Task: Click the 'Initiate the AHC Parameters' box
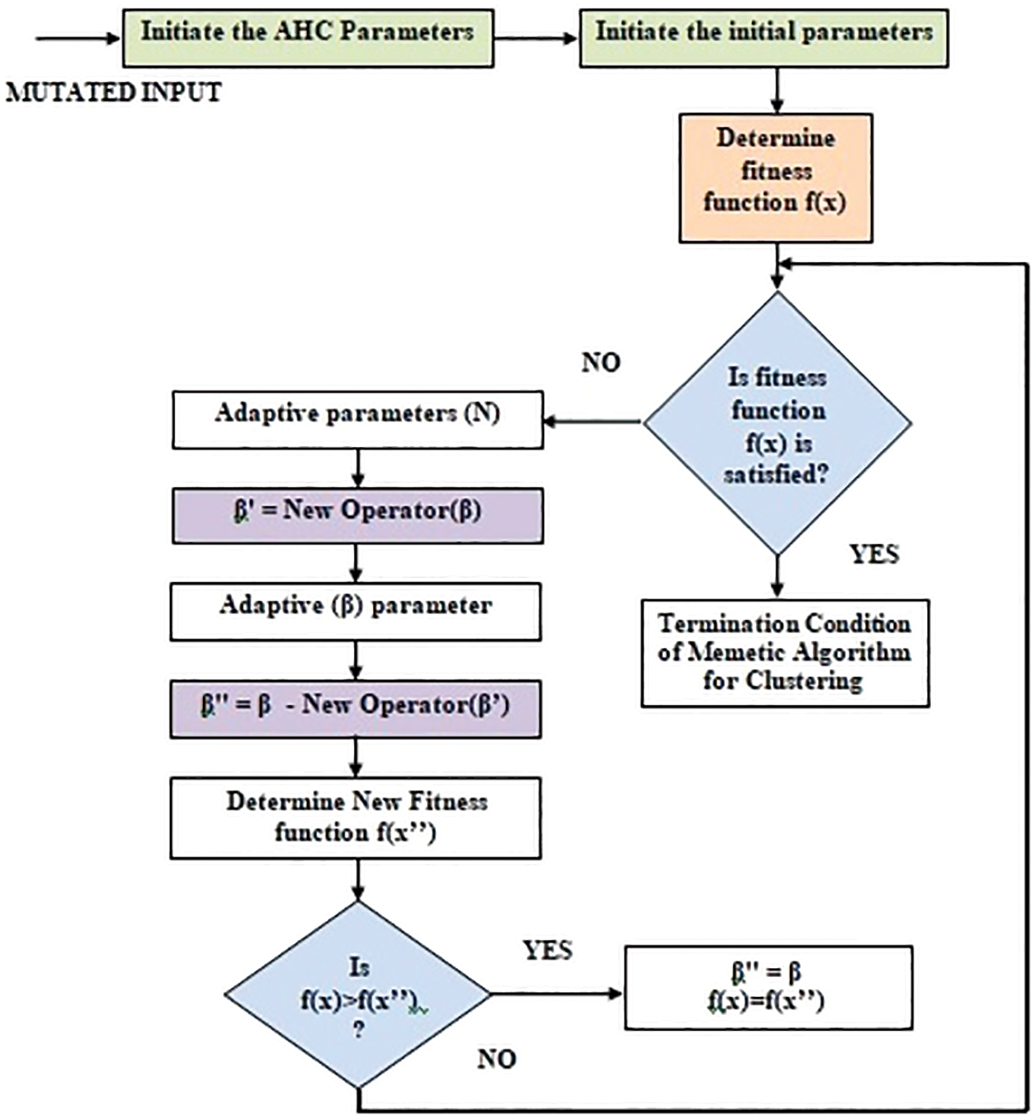pos(308,37)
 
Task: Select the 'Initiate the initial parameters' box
pos(764,37)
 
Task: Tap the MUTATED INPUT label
pos(114,93)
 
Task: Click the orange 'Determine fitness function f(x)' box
pos(775,178)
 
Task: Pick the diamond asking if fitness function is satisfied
pos(777,424)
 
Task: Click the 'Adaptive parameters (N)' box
pos(357,420)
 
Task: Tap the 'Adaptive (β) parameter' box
pos(356,611)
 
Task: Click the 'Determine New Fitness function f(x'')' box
pos(356,819)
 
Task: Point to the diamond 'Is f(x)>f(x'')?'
pos(358,994)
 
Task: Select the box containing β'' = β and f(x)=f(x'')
pos(768,988)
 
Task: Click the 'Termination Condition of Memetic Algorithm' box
pos(785,653)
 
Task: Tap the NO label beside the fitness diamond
pos(601,363)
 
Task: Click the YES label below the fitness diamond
pos(873,554)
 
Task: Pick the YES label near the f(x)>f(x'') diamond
pos(547,951)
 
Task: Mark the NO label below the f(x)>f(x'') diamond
pos(496,1059)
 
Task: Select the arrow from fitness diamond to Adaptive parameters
pos(593,422)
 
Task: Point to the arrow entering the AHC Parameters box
pos(78,38)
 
